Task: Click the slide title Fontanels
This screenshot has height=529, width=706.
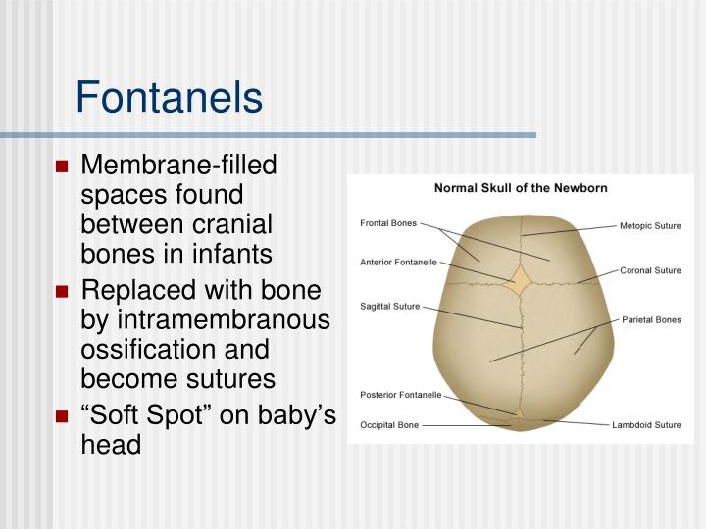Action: [x=169, y=98]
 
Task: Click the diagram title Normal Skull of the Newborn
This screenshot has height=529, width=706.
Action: [x=521, y=188]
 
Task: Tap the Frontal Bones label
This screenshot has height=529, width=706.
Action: [x=388, y=223]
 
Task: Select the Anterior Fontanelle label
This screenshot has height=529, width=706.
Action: [x=399, y=262]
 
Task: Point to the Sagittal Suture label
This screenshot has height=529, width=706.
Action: [x=390, y=306]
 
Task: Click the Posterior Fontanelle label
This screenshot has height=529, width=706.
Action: [x=401, y=396]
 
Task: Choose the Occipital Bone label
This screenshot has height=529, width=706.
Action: [x=390, y=426]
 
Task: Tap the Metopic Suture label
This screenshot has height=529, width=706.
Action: [x=650, y=225]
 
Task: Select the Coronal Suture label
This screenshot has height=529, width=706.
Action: [x=650, y=270]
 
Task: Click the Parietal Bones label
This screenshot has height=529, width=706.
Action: [x=651, y=319]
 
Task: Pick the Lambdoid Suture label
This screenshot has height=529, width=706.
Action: [x=646, y=425]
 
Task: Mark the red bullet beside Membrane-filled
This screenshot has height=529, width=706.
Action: [x=62, y=166]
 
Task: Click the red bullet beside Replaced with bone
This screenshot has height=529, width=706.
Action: [x=62, y=291]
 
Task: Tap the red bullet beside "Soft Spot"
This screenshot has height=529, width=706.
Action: [x=62, y=416]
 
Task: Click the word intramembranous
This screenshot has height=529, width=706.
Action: [x=221, y=319]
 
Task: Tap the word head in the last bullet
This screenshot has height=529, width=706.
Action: [x=111, y=444]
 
